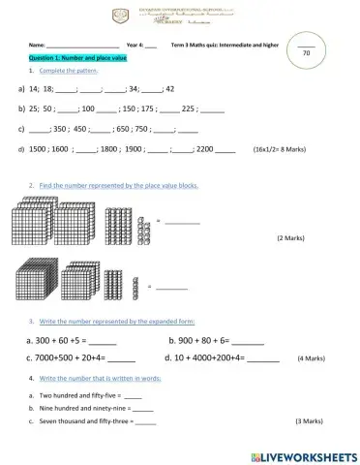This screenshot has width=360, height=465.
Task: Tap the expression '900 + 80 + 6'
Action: [197, 341]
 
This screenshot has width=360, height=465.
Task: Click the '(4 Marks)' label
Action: [311, 358]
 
